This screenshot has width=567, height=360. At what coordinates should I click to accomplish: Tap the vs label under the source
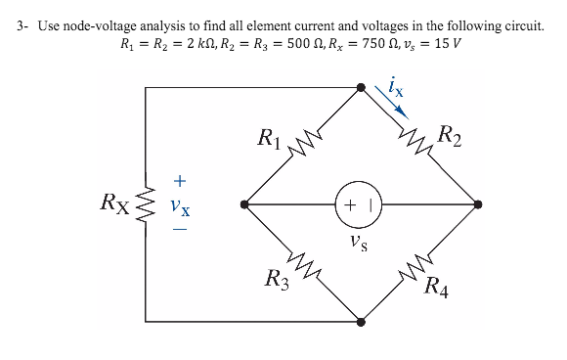pos(361,238)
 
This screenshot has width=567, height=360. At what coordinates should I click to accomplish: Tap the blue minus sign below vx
pos(178,231)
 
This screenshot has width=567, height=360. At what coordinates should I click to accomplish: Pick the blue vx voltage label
pos(178,206)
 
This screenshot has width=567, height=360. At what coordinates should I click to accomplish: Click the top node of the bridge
pos(361,89)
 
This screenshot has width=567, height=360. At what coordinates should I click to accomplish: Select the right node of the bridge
pos(478,205)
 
